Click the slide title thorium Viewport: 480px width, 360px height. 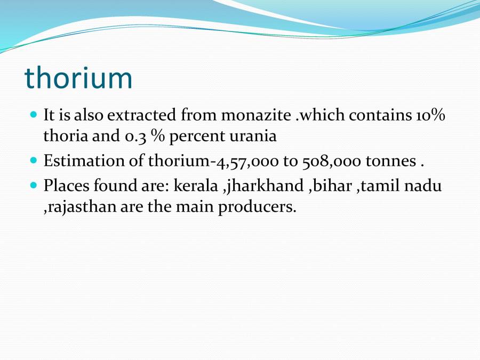(x=78, y=78)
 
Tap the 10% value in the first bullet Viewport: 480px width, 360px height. (x=429, y=115)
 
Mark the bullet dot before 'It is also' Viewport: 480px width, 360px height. (x=34, y=115)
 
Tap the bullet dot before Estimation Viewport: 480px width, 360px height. (x=34, y=160)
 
